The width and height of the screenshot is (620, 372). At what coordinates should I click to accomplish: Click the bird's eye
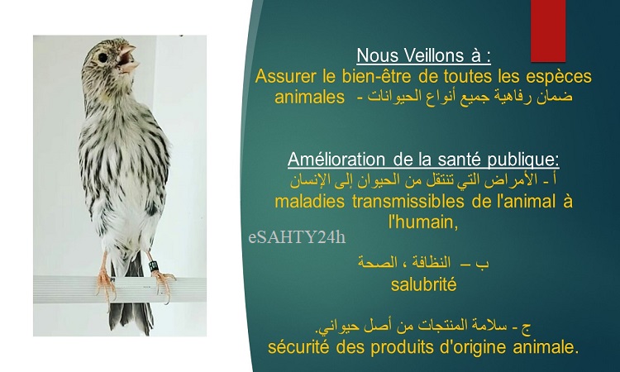[x=103, y=58]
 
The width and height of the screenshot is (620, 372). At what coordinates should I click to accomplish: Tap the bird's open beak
[x=128, y=59]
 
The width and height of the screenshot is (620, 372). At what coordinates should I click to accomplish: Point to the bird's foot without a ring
[x=106, y=282]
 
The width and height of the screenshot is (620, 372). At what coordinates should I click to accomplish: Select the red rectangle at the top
[x=548, y=31]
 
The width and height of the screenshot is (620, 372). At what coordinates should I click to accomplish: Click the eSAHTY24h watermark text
[x=297, y=236]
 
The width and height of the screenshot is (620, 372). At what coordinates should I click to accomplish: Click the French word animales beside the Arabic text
[x=310, y=97]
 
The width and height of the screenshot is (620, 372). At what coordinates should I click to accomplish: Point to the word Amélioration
[x=336, y=160]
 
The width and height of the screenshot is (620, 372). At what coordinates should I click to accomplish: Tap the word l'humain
[x=423, y=222]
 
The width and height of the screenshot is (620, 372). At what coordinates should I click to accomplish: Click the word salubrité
[x=423, y=284]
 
